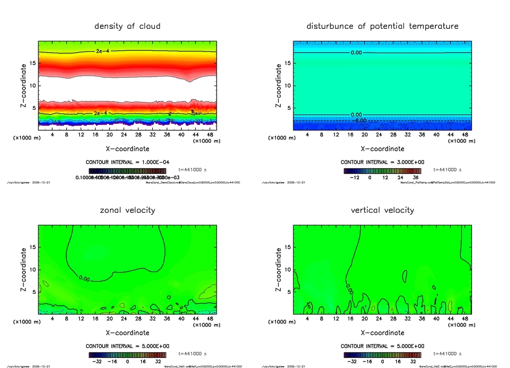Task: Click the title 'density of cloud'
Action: [x=127, y=26]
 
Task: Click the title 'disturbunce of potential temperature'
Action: [x=382, y=26]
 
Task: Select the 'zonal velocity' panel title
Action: [x=127, y=210]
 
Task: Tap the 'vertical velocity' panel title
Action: [x=382, y=210]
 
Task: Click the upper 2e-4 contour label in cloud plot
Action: [x=103, y=51]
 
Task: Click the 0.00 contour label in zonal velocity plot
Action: [x=84, y=279]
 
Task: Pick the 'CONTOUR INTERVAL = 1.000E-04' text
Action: [x=127, y=162]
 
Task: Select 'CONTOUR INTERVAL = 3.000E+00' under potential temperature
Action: [x=382, y=162]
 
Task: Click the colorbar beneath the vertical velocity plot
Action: [x=382, y=355]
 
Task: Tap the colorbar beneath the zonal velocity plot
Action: [x=127, y=355]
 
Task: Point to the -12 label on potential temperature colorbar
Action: [x=355, y=177]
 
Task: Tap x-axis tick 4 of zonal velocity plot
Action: [x=52, y=319]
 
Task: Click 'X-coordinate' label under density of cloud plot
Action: [x=127, y=149]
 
